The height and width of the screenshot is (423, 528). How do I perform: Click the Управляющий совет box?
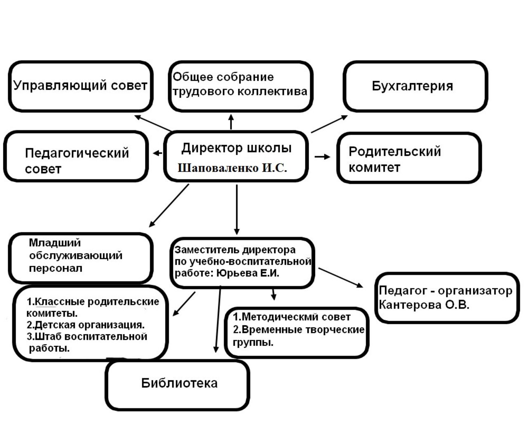click(x=80, y=86)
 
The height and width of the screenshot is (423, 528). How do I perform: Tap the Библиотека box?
click(x=178, y=385)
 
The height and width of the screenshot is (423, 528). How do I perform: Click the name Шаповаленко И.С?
click(x=232, y=169)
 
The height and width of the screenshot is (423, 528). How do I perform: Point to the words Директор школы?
click(x=236, y=148)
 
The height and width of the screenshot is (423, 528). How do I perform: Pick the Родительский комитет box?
click(x=409, y=158)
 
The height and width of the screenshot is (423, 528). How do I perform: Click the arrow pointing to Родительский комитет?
click(x=322, y=157)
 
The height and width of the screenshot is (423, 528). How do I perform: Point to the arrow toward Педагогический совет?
click(x=158, y=153)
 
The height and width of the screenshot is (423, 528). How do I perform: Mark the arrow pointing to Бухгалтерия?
click(x=329, y=124)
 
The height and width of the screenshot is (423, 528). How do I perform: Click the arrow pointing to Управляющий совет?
click(x=153, y=123)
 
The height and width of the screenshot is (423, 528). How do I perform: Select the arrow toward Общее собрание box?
click(x=231, y=122)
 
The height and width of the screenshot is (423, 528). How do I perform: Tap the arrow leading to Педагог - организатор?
click(x=341, y=277)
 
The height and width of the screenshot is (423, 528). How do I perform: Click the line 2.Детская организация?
click(x=86, y=325)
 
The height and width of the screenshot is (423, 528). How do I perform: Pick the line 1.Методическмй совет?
click(x=292, y=317)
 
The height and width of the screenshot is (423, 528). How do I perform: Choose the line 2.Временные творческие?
click(x=299, y=330)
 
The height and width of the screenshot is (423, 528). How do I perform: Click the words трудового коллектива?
click(x=240, y=91)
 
